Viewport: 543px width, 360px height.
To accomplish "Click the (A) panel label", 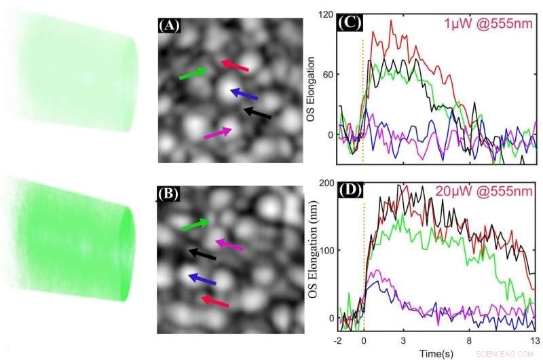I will [x=169, y=26].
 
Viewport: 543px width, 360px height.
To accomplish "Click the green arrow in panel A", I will [x=193, y=73].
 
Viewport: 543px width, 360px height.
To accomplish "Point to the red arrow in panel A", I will [x=236, y=65].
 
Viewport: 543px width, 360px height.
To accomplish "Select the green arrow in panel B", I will [x=196, y=225].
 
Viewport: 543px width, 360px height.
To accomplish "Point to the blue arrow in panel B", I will [x=202, y=279].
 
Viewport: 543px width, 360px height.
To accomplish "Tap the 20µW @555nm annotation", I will [x=483, y=192].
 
